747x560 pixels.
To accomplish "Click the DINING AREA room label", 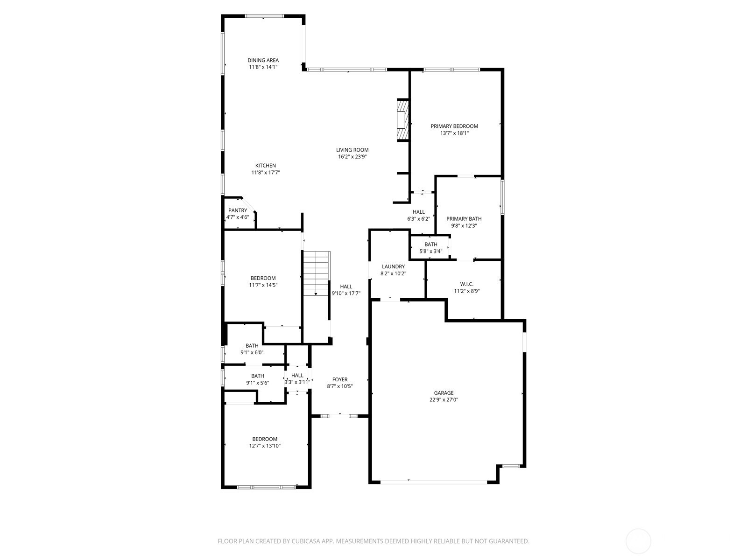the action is pos(263,60).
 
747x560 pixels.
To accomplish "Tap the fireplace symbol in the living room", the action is pos(402,119).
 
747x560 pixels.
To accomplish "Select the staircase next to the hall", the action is pos(317,273).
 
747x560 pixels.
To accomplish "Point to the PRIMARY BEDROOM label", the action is pos(454,126).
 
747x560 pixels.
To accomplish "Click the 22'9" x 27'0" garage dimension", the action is pos(444,399).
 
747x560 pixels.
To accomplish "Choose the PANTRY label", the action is pos(238,210).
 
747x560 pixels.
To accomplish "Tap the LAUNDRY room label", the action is pos(393,266).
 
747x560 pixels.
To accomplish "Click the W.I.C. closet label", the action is pos(466,284).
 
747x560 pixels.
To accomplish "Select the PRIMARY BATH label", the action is pos(464,218).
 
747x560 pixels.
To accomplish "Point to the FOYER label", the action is pos(339,379).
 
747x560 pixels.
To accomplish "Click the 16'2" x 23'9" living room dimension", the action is pos(352,157).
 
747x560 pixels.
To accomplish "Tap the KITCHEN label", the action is pos(266,166).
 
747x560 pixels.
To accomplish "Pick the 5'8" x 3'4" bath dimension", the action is pos(430,251).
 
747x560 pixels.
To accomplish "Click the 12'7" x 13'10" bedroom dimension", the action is pos(264,446).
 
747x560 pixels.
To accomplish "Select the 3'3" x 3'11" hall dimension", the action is pos(297,382).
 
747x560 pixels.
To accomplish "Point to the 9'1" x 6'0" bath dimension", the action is pos(252,353).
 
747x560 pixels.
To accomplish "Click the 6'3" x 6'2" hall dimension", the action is pos(419,219).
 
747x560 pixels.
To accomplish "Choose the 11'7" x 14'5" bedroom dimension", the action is pos(263,285).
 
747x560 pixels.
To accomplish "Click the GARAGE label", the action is pos(444,393).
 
